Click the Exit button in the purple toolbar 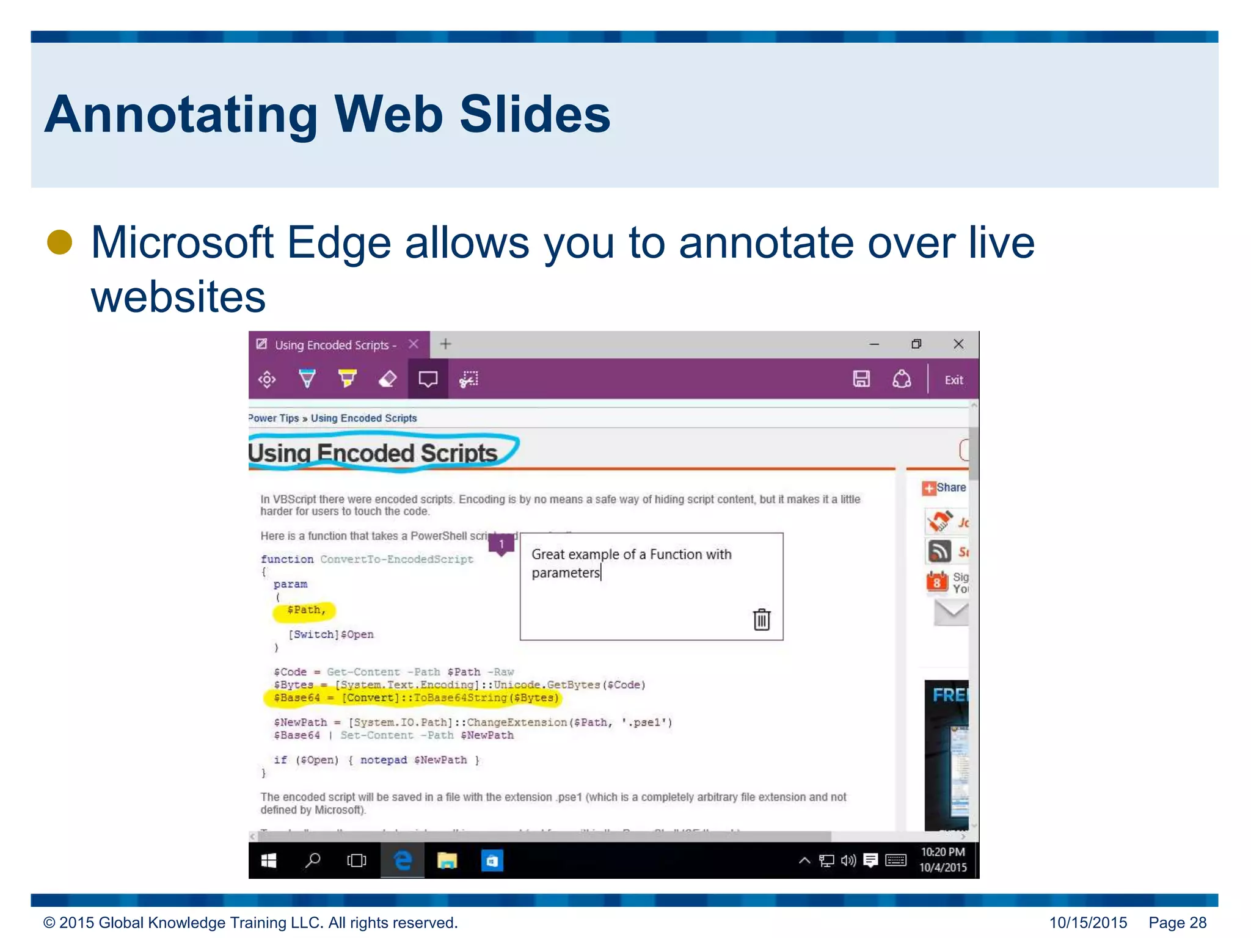coord(954,380)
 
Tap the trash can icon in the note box coord(761,619)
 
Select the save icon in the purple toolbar coord(861,379)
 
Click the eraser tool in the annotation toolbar coord(388,379)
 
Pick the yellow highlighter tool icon coord(348,379)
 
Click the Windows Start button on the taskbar coord(269,860)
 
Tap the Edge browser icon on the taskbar coord(403,860)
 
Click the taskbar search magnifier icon coord(313,860)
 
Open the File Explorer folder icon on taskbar coord(447,860)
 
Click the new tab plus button coord(446,344)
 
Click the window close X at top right coord(958,344)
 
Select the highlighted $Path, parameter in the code coord(305,610)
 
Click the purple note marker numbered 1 coord(501,544)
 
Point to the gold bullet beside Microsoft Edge coord(60,242)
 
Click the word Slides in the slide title coord(534,114)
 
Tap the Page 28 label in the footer coord(1177,922)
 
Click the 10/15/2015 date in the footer coord(1088,922)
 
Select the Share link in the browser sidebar coord(950,487)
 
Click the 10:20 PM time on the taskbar coord(943,852)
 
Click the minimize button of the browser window coord(874,344)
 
